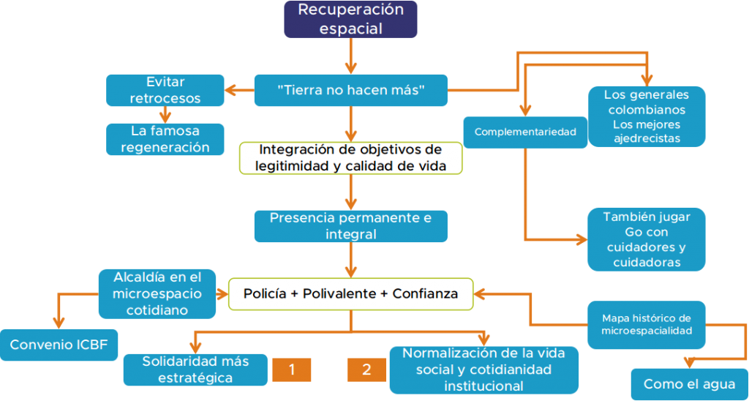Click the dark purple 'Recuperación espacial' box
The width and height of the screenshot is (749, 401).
[350, 19]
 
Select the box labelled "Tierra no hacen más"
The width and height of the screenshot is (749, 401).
[350, 90]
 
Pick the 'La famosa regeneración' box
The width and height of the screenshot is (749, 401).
[165, 138]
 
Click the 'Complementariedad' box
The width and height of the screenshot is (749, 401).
[525, 132]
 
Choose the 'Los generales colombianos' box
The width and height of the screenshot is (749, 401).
[646, 116]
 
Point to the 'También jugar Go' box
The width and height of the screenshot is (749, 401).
[646, 239]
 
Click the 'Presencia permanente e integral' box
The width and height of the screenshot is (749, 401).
[350, 226]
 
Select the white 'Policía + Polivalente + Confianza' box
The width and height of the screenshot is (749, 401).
[350, 293]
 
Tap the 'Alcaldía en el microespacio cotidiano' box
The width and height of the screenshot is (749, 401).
[157, 293]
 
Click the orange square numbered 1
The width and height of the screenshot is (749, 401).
[291, 370]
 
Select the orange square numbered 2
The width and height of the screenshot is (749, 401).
[366, 370]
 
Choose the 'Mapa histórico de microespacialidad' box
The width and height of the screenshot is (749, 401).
[646, 324]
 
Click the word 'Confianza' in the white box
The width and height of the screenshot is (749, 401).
[426, 293]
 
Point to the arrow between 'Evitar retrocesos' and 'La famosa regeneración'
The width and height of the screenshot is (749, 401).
[165, 114]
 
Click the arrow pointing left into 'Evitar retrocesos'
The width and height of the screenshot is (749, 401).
[234, 91]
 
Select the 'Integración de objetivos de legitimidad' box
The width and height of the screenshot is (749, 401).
[350, 157]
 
